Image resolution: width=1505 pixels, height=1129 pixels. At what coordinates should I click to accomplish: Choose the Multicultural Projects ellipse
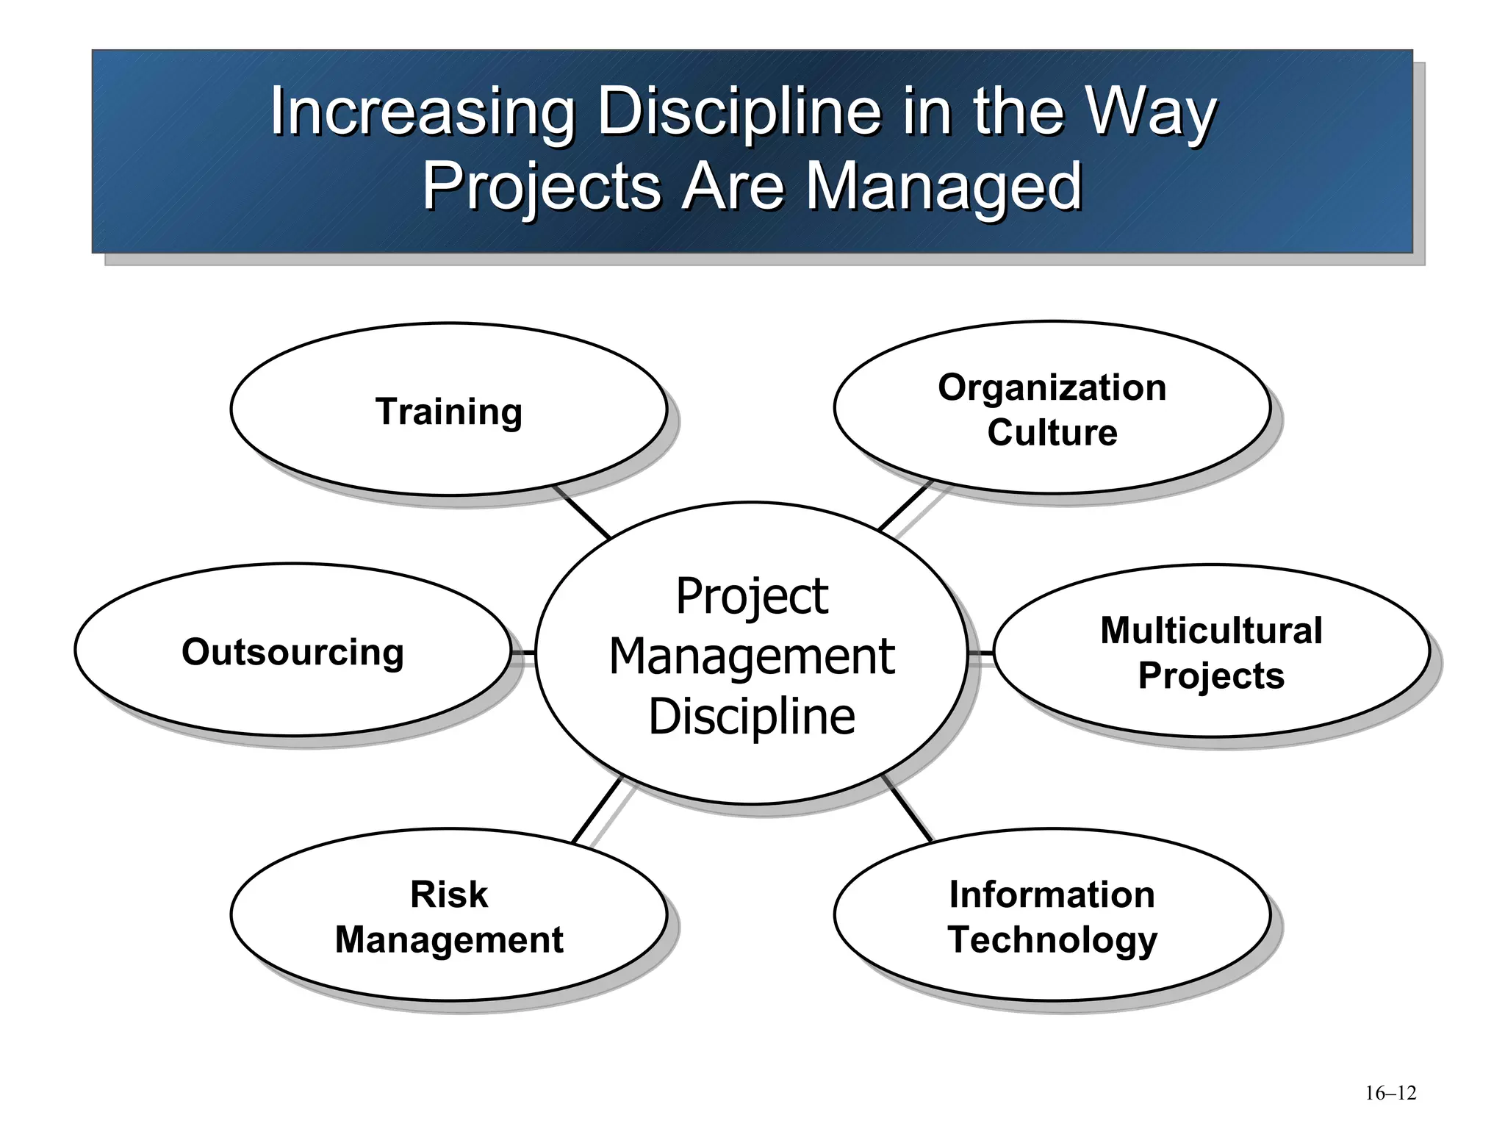click(1211, 650)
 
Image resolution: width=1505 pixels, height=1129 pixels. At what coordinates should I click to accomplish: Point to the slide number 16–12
click(1390, 1093)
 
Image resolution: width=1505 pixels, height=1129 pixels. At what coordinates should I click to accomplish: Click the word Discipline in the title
click(738, 112)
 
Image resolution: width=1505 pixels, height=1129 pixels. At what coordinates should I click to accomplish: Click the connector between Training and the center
click(582, 512)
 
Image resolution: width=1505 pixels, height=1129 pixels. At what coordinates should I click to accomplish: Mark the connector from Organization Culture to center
click(905, 506)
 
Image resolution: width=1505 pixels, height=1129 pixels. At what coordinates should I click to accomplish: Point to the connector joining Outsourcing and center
click(523, 652)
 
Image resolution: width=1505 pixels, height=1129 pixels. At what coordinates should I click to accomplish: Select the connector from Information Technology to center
click(908, 809)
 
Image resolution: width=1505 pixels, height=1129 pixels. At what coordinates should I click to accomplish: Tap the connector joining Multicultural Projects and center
click(980, 652)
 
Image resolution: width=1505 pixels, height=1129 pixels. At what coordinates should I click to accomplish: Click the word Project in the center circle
click(752, 596)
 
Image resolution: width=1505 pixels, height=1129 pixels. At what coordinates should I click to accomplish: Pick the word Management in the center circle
click(752, 656)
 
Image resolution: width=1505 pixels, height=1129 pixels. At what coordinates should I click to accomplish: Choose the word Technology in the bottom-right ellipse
click(1052, 939)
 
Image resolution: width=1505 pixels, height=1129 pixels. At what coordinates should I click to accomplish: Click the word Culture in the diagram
click(1052, 432)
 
